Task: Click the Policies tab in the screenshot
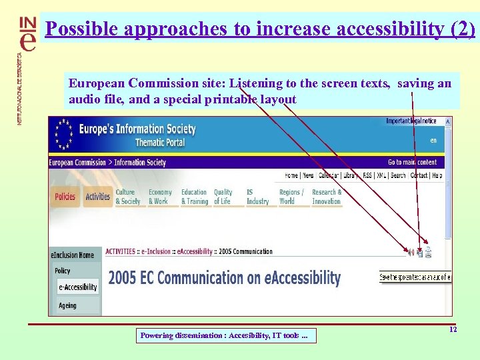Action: click(x=65, y=197)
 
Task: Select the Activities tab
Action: click(x=97, y=197)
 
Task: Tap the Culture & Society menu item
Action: click(x=128, y=197)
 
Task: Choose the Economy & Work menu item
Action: click(x=160, y=197)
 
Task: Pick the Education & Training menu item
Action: click(x=195, y=197)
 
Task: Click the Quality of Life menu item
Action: click(x=223, y=197)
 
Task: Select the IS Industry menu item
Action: click(x=257, y=197)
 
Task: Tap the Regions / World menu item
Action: click(x=291, y=197)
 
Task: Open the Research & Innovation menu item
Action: click(x=327, y=197)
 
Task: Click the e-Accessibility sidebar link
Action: click(x=77, y=287)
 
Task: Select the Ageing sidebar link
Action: click(x=67, y=305)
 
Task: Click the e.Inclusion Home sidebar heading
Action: click(x=73, y=255)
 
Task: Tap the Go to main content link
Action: click(x=412, y=162)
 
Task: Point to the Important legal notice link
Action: click(x=411, y=121)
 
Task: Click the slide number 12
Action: click(x=453, y=330)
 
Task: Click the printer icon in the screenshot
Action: click(x=429, y=252)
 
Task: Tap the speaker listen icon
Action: click(x=411, y=252)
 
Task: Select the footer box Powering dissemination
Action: click(x=225, y=335)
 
